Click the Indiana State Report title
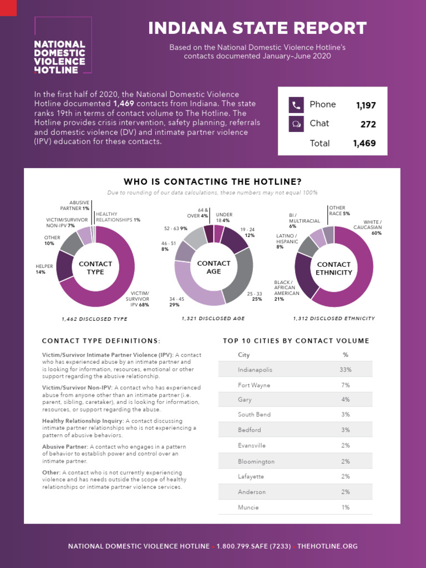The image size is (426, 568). [257, 28]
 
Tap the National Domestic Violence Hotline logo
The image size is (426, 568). [60, 57]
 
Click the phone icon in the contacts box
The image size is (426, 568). [296, 105]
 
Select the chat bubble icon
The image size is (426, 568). [296, 124]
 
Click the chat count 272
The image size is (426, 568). [368, 124]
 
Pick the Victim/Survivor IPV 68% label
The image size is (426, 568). [140, 299]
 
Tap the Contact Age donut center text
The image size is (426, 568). [214, 267]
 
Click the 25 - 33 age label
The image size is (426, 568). [255, 296]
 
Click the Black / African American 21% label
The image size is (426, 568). [287, 291]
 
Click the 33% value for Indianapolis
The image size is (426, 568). [346, 369]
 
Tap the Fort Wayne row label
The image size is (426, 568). [253, 384]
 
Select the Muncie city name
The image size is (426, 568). [248, 507]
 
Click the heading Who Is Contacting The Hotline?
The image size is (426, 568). [212, 181]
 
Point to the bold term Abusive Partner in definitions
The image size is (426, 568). [64, 447]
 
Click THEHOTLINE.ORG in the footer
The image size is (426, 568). [327, 546]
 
